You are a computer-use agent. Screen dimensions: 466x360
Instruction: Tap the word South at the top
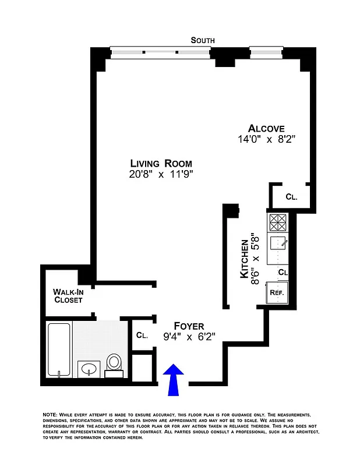203,40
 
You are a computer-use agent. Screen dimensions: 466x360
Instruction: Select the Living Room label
161,164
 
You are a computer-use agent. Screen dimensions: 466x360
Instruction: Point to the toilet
114,363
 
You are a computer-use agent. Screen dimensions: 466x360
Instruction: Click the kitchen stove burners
278,222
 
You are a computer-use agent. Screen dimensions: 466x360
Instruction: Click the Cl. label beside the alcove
291,197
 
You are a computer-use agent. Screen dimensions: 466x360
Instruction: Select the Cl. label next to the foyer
142,336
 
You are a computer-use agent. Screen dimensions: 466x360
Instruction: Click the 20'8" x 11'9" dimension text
161,174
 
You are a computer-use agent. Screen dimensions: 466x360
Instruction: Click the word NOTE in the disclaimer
50,414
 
